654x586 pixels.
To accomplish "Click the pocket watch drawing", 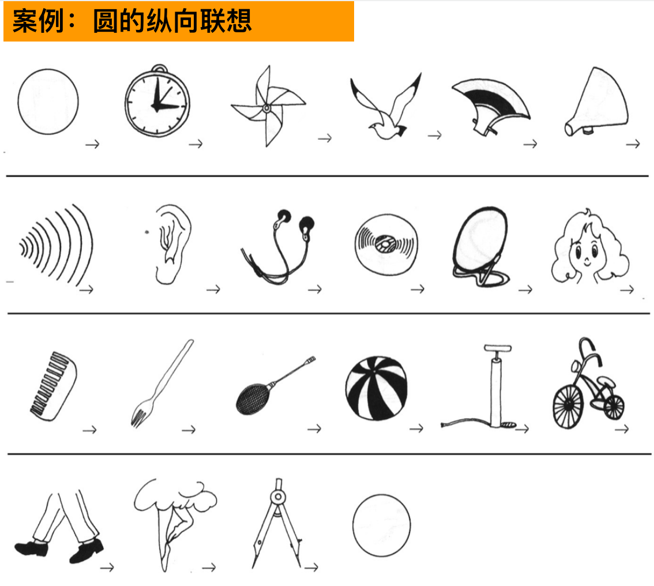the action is pyautogui.click(x=157, y=102).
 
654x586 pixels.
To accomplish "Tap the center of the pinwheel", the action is pyautogui.click(x=266, y=108).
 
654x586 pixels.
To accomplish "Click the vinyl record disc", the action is pyautogui.click(x=386, y=245).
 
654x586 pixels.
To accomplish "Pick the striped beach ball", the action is pyautogui.click(x=376, y=388).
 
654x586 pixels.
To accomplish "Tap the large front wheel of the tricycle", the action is pyautogui.click(x=568, y=406).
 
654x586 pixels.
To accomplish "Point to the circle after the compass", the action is pyautogui.click(x=382, y=525).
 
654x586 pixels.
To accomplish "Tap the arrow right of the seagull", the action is pyautogui.click(x=435, y=135).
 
